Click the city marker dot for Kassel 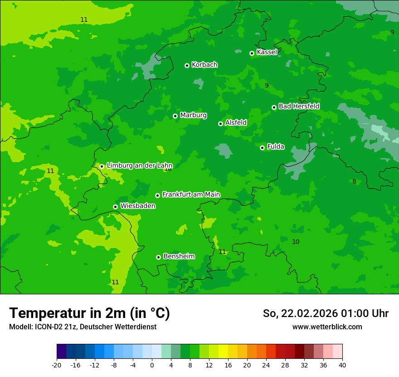(252, 53)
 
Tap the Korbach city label (204, 65)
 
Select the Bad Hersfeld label (299, 106)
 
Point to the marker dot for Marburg (175, 116)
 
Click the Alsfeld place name (236, 123)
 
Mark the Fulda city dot (262, 148)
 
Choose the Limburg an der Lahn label (139, 166)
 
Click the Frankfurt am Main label (191, 194)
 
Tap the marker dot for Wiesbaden (115, 207)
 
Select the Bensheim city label (179, 256)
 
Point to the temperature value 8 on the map (354, 182)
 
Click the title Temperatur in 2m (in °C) (89, 313)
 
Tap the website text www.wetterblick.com (327, 327)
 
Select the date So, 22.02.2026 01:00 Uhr (326, 313)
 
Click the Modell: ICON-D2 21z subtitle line (83, 327)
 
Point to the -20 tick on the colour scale (57, 365)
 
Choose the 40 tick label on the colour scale (342, 365)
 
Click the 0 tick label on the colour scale (152, 365)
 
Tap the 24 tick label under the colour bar (266, 365)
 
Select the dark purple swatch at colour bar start (61, 352)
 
